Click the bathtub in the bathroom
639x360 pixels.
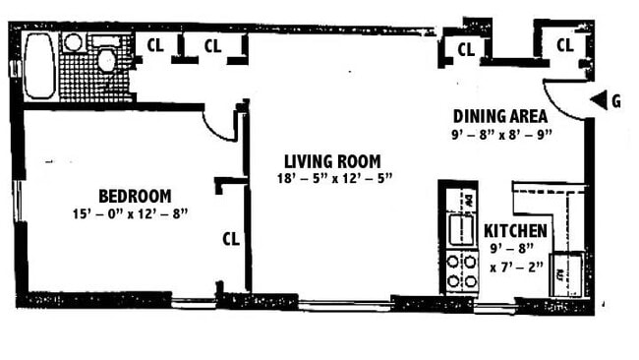click(39, 66)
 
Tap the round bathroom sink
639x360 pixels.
click(73, 43)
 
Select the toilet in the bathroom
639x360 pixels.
click(106, 59)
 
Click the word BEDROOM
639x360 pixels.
click(135, 195)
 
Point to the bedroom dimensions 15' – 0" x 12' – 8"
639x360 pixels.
click(130, 212)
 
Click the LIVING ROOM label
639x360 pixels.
click(331, 161)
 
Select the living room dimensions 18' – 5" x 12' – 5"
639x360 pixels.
click(334, 178)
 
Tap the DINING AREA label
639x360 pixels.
click(499, 116)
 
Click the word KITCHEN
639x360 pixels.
click(516, 230)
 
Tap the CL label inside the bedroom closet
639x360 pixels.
click(231, 238)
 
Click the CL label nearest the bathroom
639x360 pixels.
click(155, 44)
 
